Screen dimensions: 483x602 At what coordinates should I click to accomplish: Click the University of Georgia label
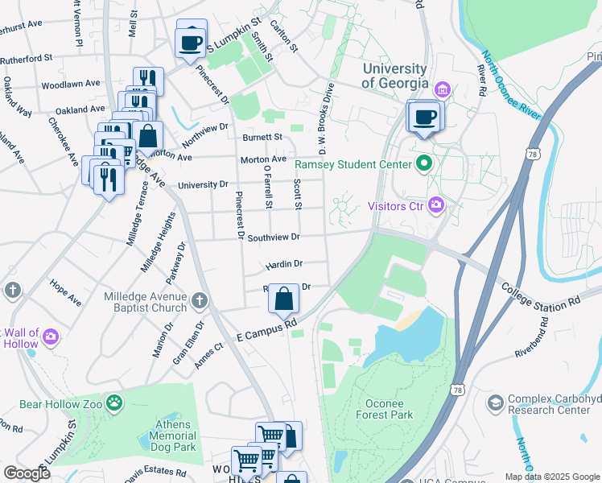[394, 76]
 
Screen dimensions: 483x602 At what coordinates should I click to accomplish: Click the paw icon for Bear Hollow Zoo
[116, 400]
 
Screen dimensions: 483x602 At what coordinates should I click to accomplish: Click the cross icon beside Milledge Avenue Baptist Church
[200, 302]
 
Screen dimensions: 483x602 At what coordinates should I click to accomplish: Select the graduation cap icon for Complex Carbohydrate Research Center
[495, 402]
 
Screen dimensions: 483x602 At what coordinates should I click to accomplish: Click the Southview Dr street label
[273, 237]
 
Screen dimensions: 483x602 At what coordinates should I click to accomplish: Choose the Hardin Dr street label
[283, 263]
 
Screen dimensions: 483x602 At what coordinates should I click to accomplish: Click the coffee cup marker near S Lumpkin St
[192, 40]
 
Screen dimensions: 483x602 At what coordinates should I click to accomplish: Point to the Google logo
[26, 473]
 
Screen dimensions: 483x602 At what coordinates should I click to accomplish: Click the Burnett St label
[262, 138]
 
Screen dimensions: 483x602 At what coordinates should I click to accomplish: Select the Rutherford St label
[26, 58]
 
